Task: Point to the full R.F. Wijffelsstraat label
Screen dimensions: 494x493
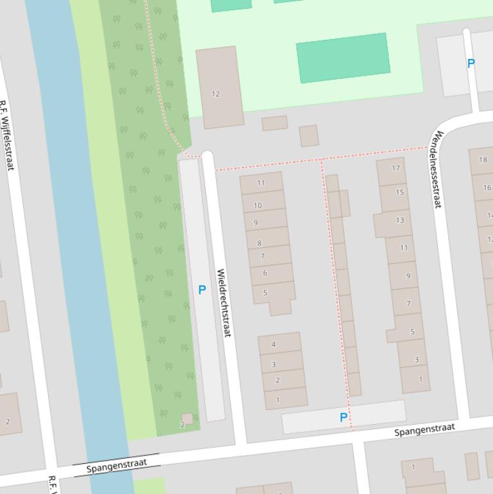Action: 6,135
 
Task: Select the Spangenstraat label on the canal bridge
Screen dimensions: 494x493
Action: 116,464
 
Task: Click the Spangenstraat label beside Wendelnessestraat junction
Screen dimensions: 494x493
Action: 424,429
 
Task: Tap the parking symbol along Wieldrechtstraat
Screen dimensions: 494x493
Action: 202,290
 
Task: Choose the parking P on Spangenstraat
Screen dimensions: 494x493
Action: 344,418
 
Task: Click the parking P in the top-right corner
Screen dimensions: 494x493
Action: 471,64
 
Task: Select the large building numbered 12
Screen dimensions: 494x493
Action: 219,87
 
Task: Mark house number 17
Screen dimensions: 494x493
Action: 396,168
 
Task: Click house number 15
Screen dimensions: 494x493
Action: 399,192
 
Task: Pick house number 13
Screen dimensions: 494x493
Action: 400,220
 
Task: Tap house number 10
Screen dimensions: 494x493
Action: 258,205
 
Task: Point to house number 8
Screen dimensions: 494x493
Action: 260,243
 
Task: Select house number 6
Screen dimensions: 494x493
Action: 265,273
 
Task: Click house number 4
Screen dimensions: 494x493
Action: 274,345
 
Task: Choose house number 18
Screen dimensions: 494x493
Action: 482,160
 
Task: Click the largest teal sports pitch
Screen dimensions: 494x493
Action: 343,58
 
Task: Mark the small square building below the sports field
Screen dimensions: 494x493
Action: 309,135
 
